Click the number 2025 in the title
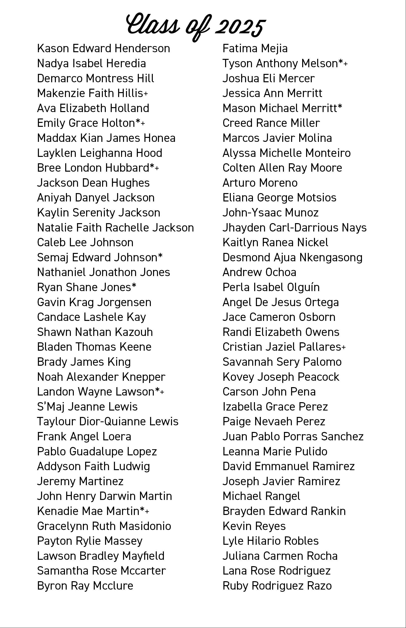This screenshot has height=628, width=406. (x=240, y=26)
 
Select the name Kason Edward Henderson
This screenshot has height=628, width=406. (x=103, y=49)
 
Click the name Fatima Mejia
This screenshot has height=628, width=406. (x=255, y=49)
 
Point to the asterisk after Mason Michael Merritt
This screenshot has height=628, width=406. (x=340, y=106)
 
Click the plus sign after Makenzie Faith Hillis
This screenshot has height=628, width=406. (x=146, y=94)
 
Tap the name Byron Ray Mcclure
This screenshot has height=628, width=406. (x=85, y=586)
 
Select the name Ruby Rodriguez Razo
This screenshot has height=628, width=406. (x=277, y=586)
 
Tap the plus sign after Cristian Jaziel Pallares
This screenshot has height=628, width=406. (x=344, y=347)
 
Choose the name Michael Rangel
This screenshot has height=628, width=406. (x=261, y=496)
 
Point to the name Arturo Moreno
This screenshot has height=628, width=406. (x=260, y=183)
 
